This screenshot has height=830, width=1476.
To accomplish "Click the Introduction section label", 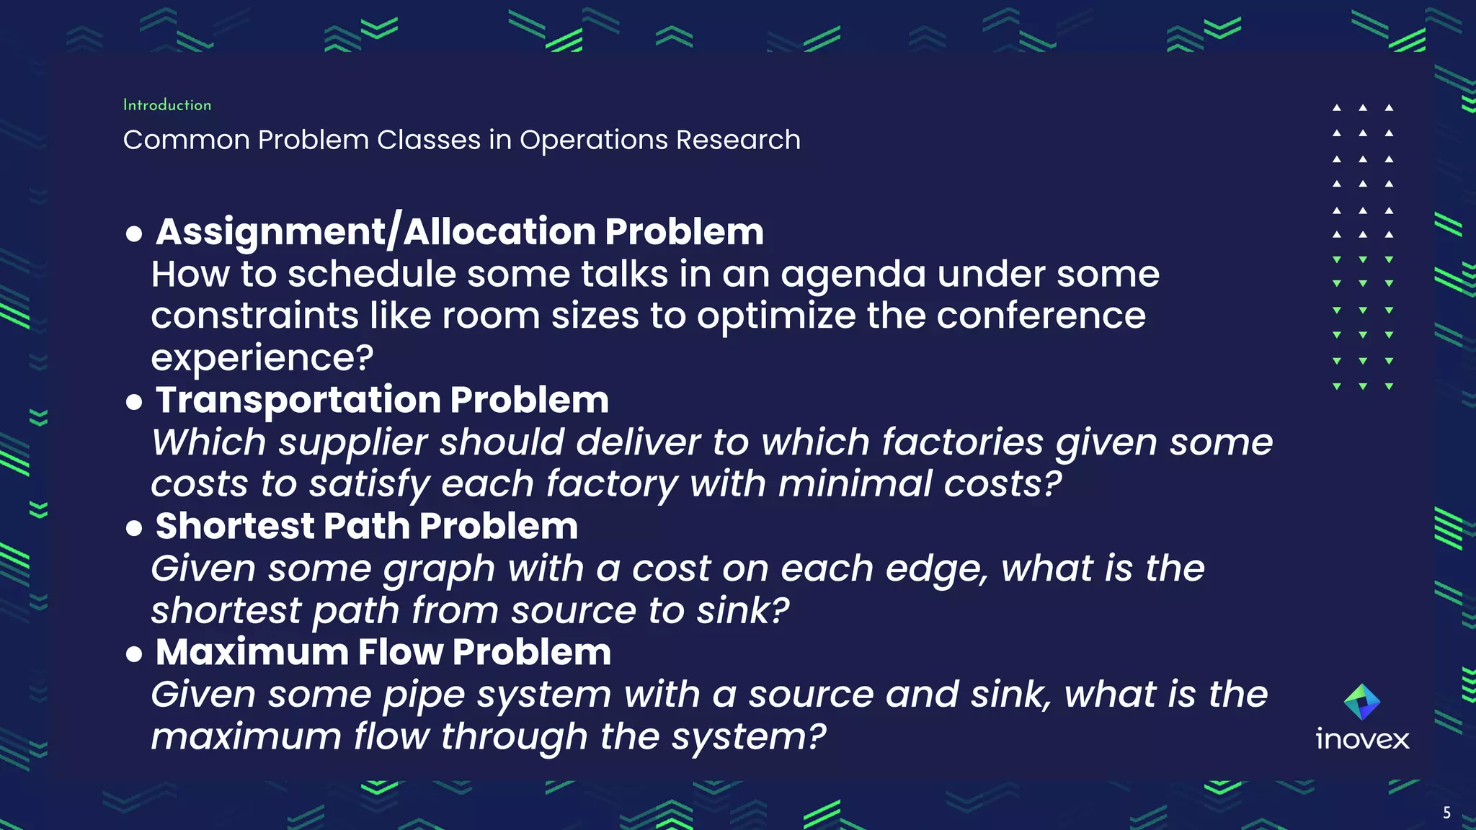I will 167,105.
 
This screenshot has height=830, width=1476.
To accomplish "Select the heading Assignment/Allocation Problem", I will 460,232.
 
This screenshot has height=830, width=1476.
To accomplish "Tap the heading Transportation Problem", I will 382,400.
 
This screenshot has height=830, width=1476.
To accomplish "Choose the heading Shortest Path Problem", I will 366,526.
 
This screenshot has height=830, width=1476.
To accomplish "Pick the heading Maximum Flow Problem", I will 383,652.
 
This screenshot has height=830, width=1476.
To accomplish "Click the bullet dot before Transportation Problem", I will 134,402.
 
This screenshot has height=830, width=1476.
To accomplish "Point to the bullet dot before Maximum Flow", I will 134,654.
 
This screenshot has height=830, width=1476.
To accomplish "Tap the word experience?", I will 262,358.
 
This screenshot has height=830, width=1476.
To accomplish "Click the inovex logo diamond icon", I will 1362,702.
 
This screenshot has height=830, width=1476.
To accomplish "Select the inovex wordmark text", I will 1362,739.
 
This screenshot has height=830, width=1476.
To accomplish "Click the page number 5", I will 1446,813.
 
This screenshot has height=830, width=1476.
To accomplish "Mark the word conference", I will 1041,316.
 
